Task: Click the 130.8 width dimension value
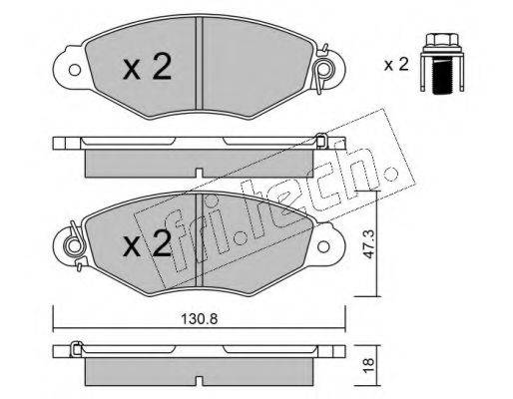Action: pyautogui.click(x=199, y=319)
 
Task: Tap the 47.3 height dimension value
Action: pyautogui.click(x=369, y=244)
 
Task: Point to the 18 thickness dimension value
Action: pyautogui.click(x=369, y=366)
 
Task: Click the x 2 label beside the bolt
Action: pyautogui.click(x=396, y=64)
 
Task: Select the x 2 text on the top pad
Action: pyautogui.click(x=147, y=67)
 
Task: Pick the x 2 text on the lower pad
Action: pyautogui.click(x=147, y=243)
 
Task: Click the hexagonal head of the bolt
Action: pyautogui.click(x=442, y=40)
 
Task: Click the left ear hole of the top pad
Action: pyautogui.click(x=75, y=70)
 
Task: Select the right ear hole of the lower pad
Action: pyautogui.click(x=323, y=246)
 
